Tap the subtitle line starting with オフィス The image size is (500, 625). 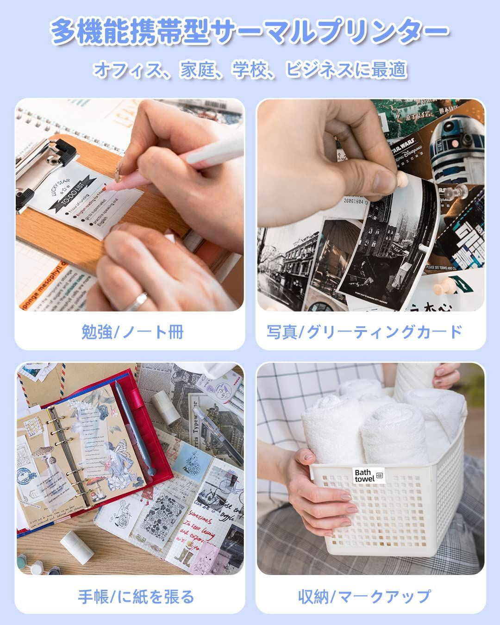tap(250, 69)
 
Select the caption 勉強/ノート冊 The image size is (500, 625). tap(132, 331)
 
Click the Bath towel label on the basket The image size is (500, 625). tap(368, 475)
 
